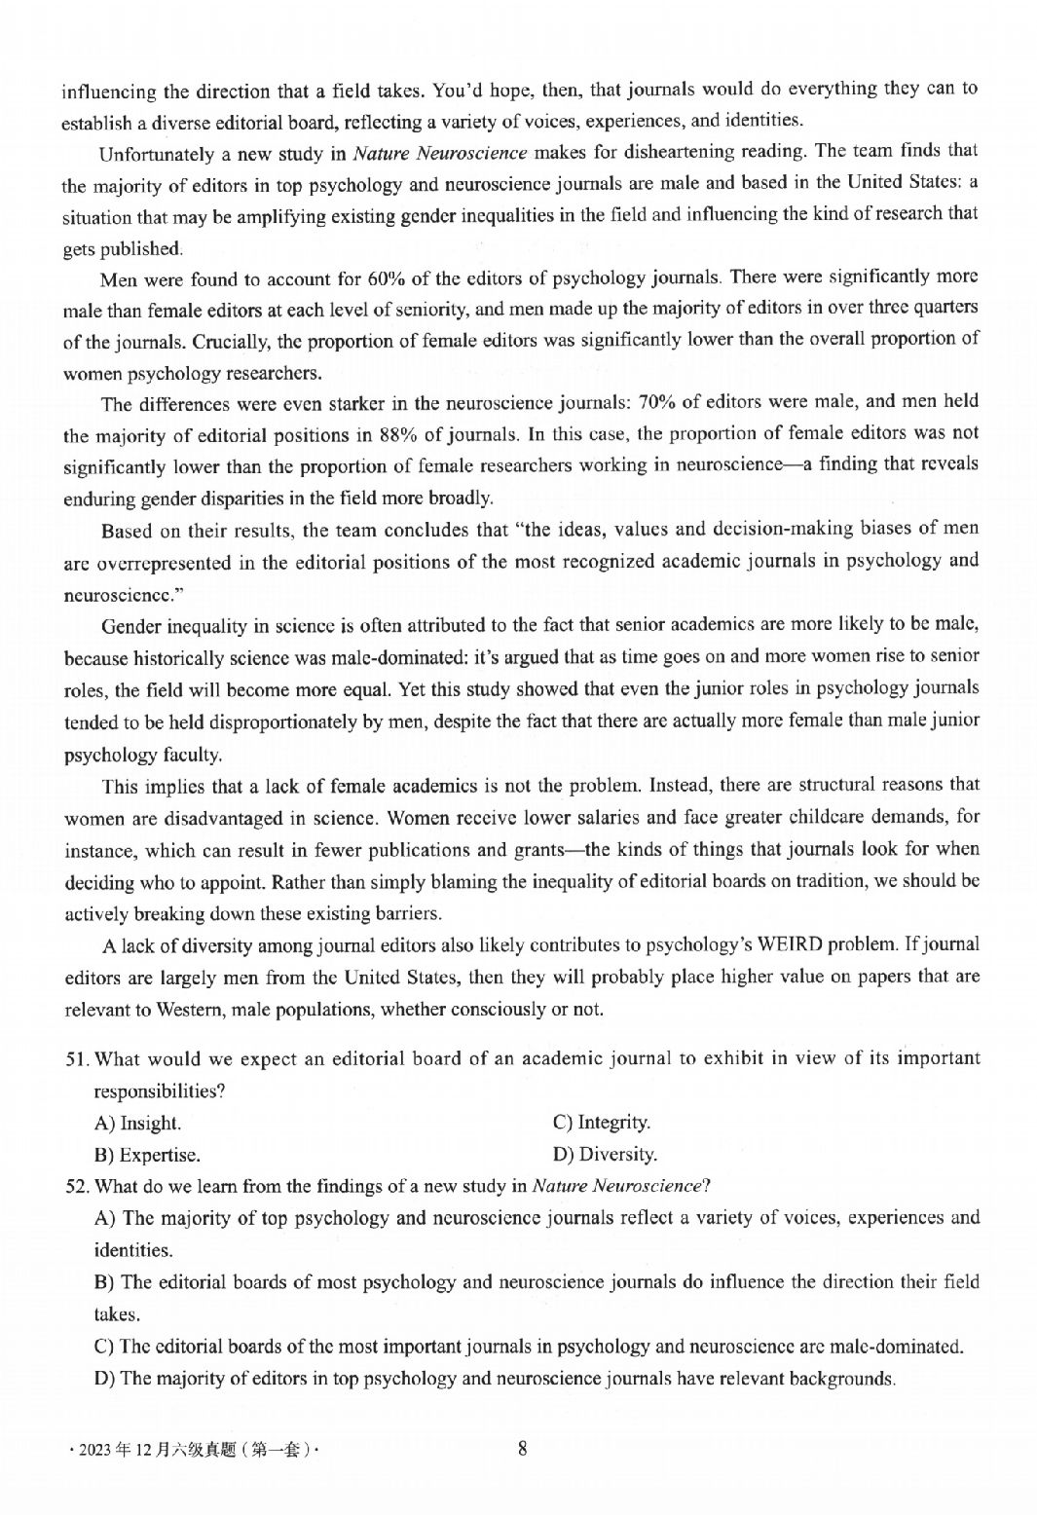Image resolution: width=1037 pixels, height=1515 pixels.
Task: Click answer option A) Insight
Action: [137, 1124]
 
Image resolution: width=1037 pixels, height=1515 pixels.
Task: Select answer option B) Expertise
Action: [147, 1156]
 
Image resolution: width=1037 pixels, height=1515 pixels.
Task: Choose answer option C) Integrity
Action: [602, 1123]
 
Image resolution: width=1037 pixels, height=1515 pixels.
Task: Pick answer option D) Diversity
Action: [605, 1155]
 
